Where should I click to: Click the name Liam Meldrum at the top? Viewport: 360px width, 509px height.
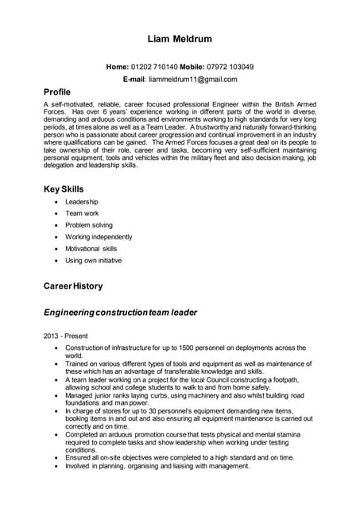click(x=180, y=39)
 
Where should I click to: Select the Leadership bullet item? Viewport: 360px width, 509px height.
click(x=82, y=202)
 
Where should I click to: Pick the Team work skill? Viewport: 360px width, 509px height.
click(x=83, y=214)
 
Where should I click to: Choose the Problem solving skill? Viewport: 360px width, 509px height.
click(x=89, y=225)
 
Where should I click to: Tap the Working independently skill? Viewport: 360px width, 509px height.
click(x=99, y=237)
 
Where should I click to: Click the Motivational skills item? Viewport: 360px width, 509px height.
click(x=91, y=249)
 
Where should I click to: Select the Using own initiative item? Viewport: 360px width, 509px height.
click(x=93, y=260)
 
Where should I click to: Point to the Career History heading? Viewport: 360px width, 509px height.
click(x=73, y=286)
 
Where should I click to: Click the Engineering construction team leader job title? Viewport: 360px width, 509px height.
click(x=120, y=313)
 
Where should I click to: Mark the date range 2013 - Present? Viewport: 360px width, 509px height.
click(x=66, y=336)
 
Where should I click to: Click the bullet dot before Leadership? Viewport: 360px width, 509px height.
click(x=55, y=202)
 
